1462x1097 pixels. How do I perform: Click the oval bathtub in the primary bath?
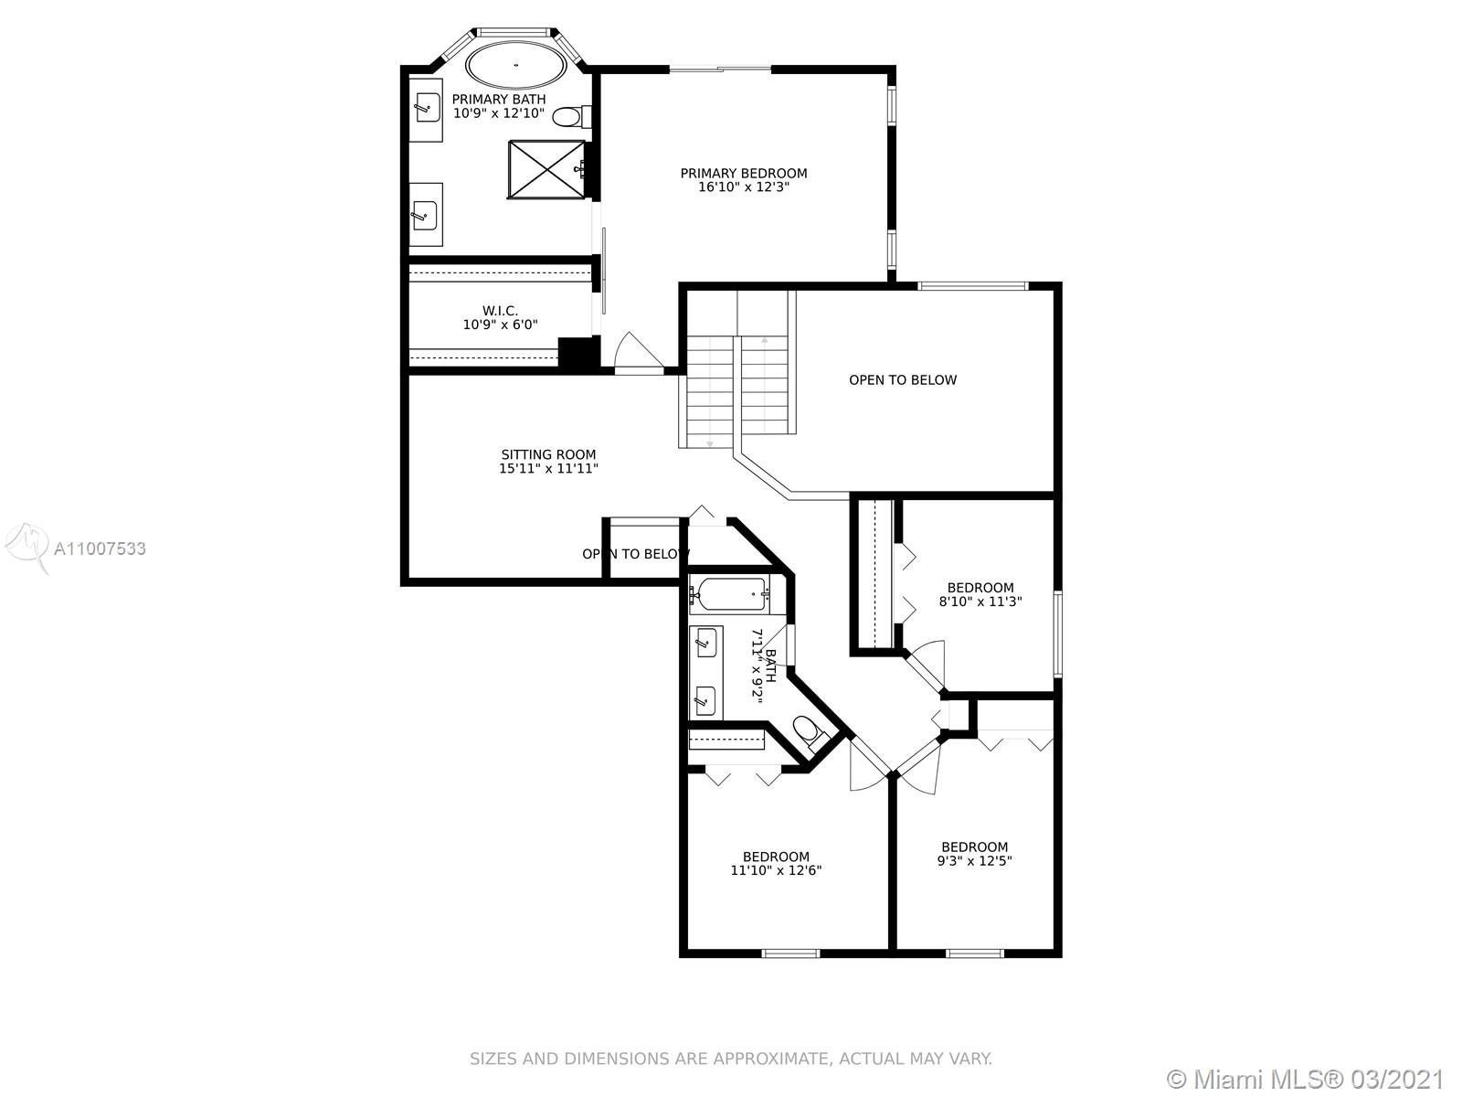coord(516,65)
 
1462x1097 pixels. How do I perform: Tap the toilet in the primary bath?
coord(572,117)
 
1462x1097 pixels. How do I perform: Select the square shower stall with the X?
coord(546,169)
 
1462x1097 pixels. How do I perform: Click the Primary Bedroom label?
coord(743,173)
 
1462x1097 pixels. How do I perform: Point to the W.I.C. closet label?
coord(500,311)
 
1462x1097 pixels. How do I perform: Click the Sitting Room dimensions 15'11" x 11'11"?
coord(549,468)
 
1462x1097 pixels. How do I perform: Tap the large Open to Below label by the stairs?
coord(903,379)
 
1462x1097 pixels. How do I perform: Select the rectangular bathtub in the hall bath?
coord(730,595)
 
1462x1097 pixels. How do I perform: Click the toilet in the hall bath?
coord(810,731)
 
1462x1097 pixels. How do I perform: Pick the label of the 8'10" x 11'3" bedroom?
coord(980,588)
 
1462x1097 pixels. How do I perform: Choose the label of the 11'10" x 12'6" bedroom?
coord(776,857)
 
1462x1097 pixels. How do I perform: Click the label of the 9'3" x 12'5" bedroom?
coord(974,847)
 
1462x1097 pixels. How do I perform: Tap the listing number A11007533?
coord(100,548)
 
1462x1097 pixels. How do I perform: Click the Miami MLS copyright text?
coord(1306,1079)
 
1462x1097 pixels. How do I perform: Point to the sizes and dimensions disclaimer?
coord(731,1059)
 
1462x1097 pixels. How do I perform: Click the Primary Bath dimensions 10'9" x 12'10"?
coord(499,113)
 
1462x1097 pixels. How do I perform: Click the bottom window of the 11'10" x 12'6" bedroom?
coord(790,953)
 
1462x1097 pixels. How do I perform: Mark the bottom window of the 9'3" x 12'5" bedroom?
coord(974,953)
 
